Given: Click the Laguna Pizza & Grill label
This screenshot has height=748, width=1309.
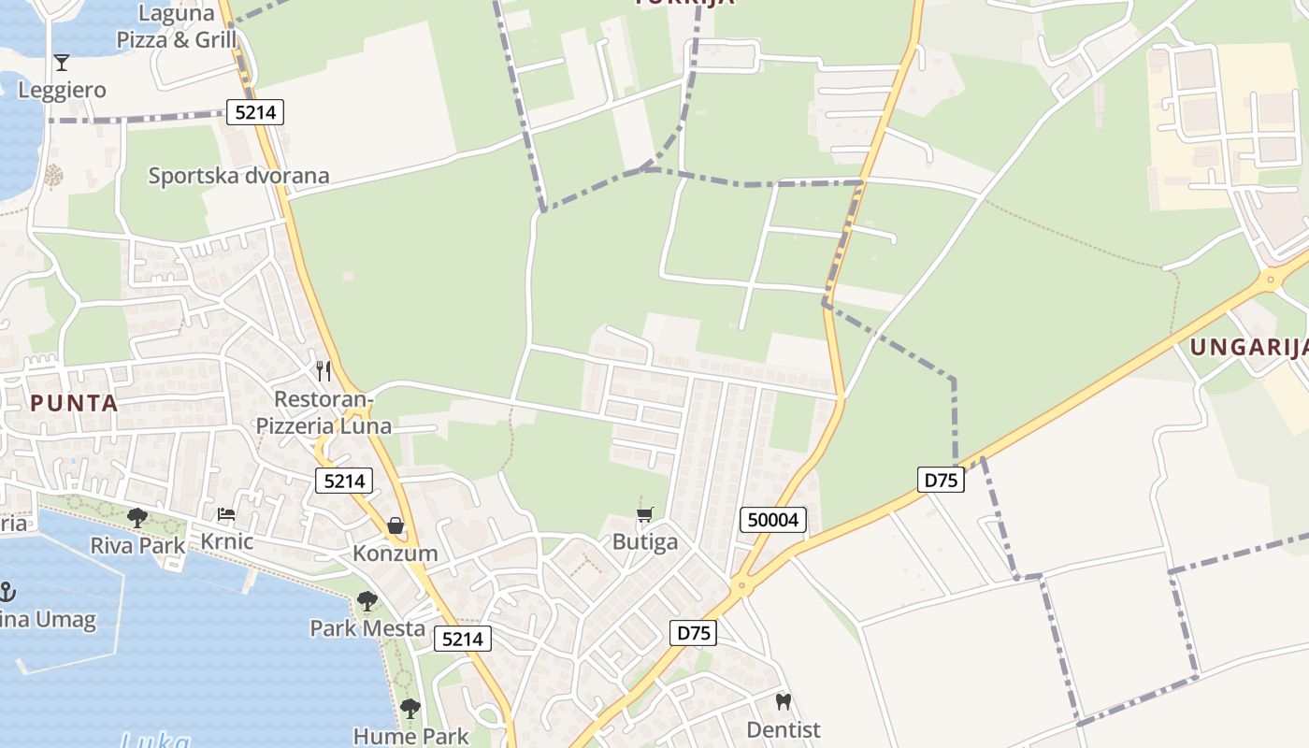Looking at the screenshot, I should click(177, 26).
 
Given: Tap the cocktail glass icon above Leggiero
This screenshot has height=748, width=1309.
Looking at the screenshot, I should click(62, 63).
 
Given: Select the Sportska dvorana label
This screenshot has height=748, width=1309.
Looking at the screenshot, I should click(238, 176).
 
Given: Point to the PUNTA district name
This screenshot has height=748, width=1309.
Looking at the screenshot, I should click(74, 403).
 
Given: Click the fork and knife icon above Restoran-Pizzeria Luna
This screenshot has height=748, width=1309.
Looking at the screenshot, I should click(324, 371).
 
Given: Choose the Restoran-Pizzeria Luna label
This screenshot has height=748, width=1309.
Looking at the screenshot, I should click(324, 413).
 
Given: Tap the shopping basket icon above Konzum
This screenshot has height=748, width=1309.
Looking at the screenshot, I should click(396, 526).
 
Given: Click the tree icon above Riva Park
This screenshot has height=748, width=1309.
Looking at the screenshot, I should click(137, 517).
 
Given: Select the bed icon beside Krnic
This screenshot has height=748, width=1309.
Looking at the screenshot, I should click(226, 514).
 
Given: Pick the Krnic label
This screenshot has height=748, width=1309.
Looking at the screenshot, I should click(226, 541).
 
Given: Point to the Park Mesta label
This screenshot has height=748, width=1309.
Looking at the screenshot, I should click(367, 627).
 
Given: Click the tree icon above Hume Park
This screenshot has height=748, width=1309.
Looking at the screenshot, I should click(410, 709).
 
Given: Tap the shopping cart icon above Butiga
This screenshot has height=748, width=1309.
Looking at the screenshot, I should click(644, 515).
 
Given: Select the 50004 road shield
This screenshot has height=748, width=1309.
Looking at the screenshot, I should click(773, 519).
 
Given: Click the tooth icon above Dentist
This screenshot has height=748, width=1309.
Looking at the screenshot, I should click(784, 701).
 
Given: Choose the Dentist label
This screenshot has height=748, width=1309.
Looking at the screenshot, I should click(784, 729).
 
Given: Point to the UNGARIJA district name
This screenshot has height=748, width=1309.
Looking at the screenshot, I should click(1247, 348).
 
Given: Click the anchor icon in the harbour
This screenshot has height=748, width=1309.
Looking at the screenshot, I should click(7, 592).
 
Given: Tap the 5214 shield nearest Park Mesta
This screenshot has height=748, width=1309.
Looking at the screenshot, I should click(463, 639).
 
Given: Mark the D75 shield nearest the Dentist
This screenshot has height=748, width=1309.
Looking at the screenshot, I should click(693, 633).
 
